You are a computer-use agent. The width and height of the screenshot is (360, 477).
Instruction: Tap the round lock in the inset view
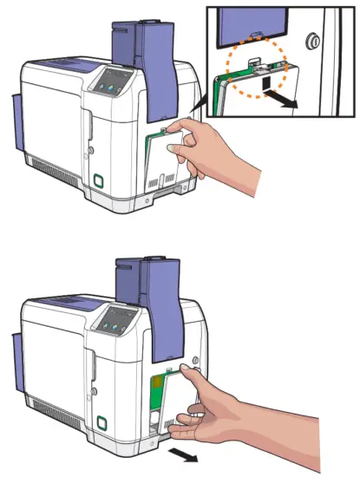click(313, 40)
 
